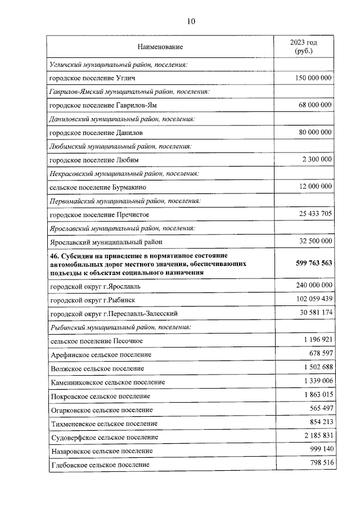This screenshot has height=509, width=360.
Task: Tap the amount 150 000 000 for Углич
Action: (313, 78)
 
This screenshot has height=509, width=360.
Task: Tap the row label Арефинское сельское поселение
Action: (101, 355)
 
